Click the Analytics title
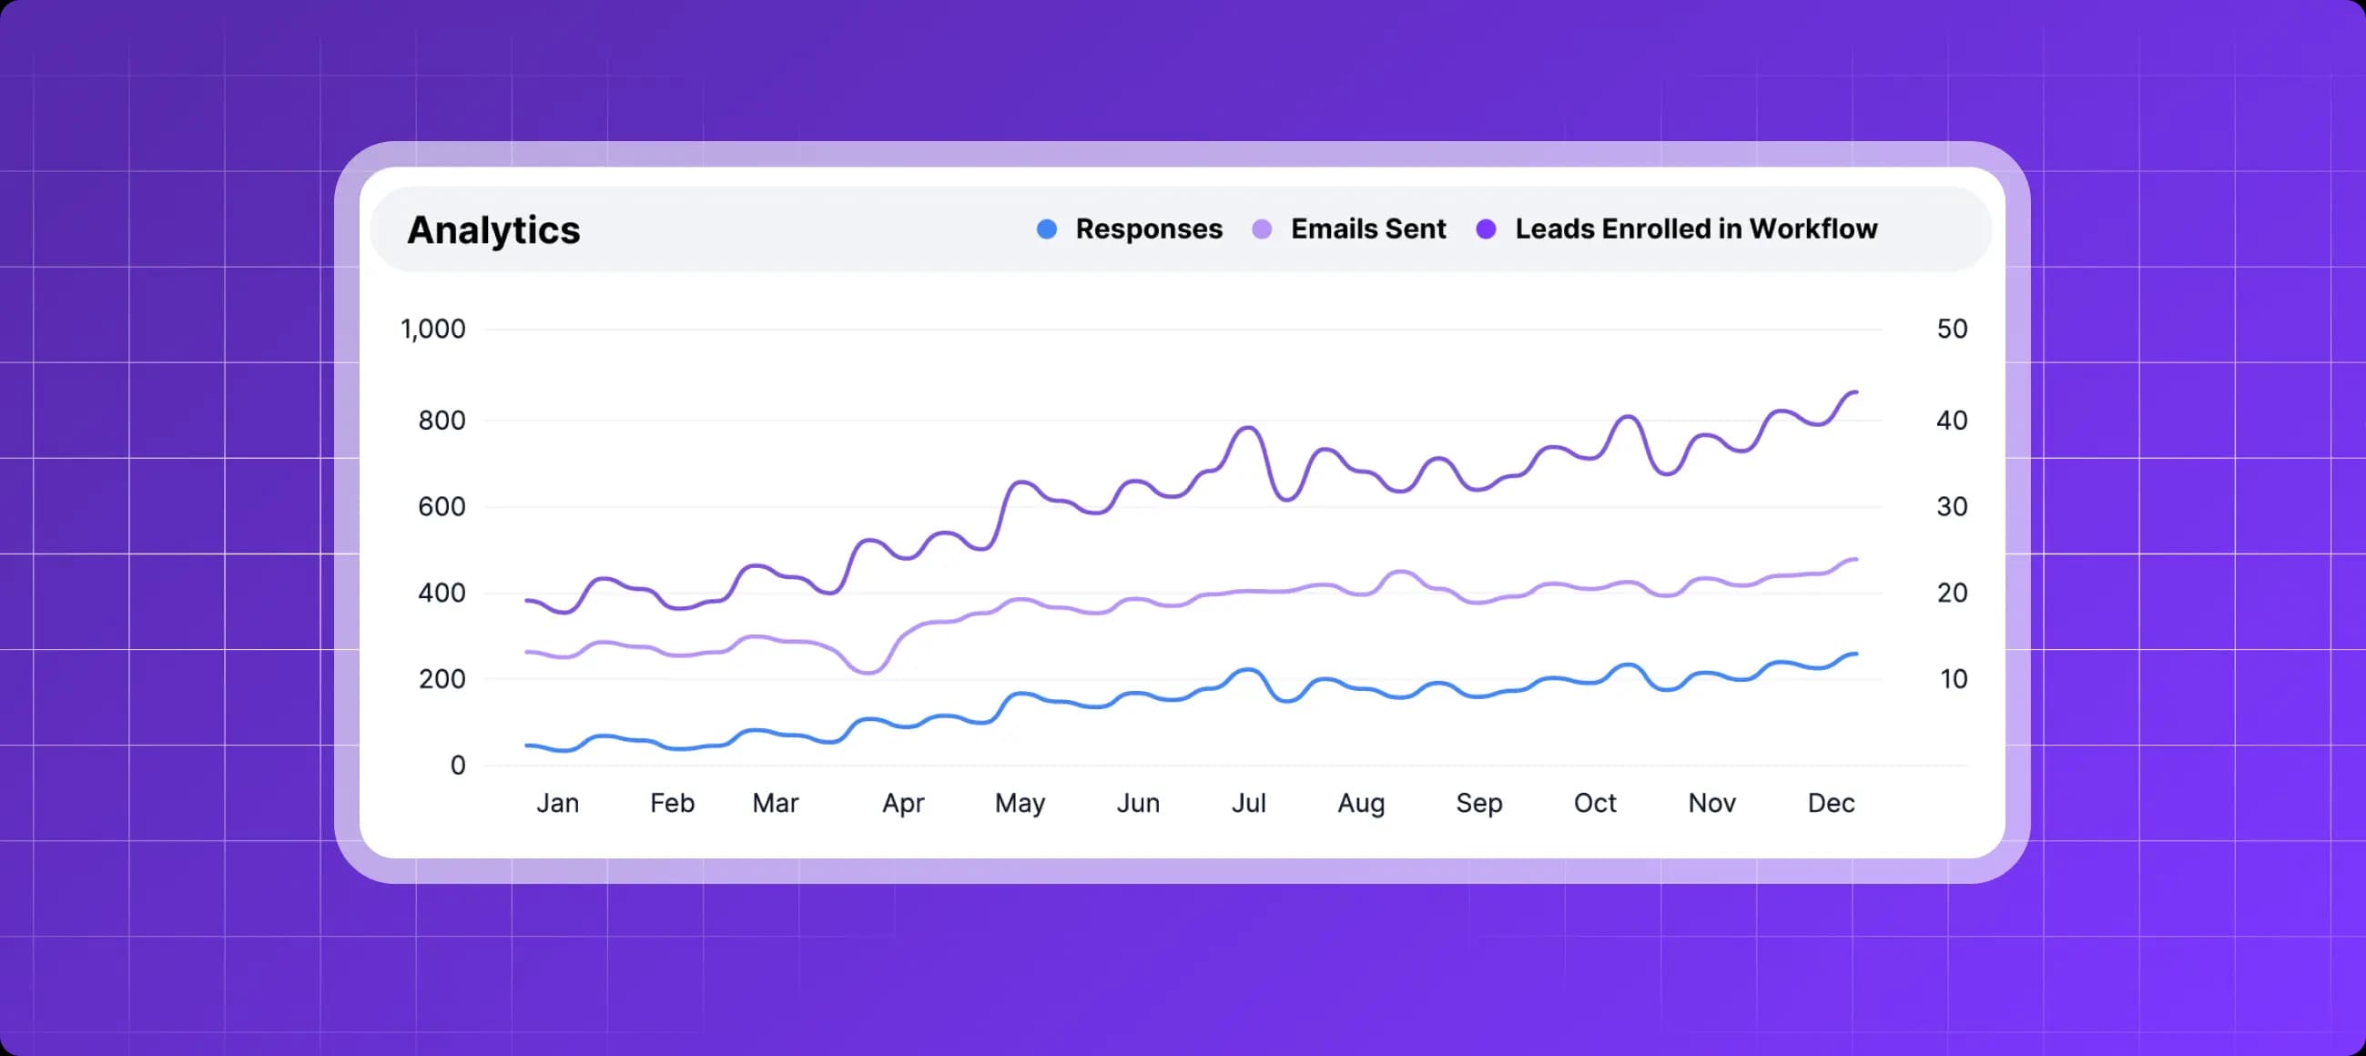point(493,229)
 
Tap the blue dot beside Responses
point(1046,229)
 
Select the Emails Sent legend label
point(1367,228)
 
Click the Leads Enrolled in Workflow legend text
point(1695,228)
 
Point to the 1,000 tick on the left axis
point(432,329)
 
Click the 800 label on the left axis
point(442,421)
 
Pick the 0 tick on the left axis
point(457,765)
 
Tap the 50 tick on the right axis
point(1952,329)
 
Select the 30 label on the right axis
point(1952,506)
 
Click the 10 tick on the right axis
point(1954,678)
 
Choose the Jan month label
point(557,804)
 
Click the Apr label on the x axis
point(903,804)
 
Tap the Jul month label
point(1248,804)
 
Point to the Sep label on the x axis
point(1478,804)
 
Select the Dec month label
point(1831,804)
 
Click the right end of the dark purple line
point(1856,392)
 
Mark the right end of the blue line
point(1856,654)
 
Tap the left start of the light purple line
point(526,652)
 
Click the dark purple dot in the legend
point(1485,229)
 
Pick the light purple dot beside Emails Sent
point(1262,229)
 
